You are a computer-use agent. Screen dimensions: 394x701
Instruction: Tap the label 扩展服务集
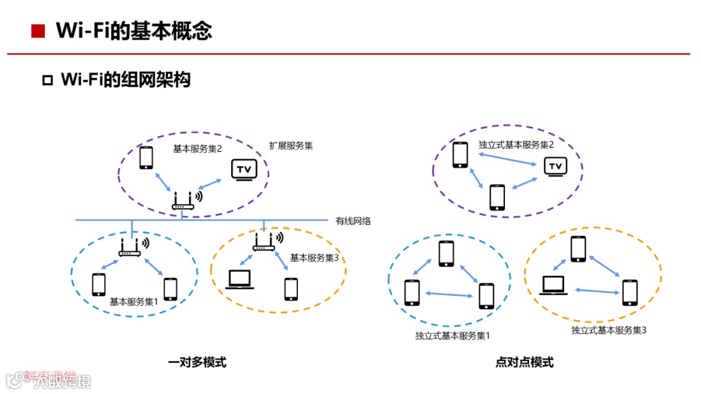(291, 146)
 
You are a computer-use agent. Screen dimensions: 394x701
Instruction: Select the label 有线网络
(353, 221)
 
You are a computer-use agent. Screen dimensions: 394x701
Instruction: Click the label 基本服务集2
(197, 149)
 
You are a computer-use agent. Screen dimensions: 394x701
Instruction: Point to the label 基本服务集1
(134, 301)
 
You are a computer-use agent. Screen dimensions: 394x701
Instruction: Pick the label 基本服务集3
(314, 258)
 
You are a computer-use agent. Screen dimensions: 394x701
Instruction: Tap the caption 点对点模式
(524, 362)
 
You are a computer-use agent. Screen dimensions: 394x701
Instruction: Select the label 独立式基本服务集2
(516, 145)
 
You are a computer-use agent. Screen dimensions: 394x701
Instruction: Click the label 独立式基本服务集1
(452, 336)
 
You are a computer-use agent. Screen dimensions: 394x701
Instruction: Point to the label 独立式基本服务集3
(609, 330)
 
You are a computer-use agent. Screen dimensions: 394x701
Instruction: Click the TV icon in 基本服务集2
(244, 170)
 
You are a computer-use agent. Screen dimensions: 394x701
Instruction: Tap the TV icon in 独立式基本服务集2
(555, 167)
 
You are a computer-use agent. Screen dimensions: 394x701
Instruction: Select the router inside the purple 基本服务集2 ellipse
(183, 200)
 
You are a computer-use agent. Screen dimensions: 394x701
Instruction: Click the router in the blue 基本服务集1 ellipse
(130, 247)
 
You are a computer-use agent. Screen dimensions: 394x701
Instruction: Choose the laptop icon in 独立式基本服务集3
(553, 284)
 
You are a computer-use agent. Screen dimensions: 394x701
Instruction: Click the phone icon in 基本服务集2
(147, 158)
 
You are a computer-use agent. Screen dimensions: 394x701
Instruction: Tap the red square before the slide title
(38, 30)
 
